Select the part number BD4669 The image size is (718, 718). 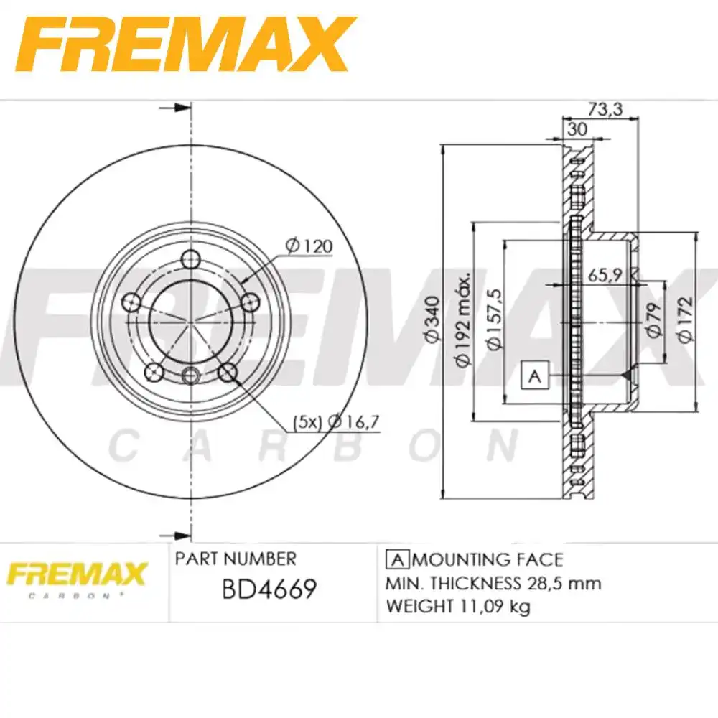point(269,589)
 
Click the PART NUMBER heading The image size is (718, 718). point(236,559)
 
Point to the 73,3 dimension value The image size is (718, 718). point(603,109)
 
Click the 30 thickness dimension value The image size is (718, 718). point(576,129)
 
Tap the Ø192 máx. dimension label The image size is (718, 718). point(465,320)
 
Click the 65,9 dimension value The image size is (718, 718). point(605,274)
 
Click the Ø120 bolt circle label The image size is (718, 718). point(309,246)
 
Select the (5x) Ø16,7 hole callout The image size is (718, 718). point(335,422)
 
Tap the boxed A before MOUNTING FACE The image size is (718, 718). point(397,559)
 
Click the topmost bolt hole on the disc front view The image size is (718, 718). point(191,259)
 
